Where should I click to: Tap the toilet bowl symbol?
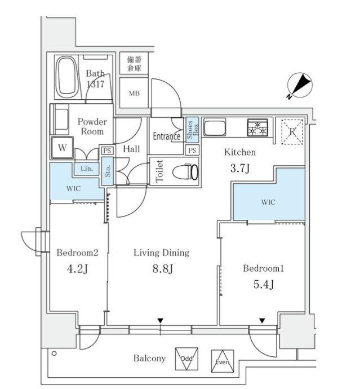point(185,171)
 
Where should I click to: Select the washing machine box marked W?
point(62,148)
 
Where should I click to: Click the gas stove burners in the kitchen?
point(258,127)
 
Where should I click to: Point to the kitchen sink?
point(215,127)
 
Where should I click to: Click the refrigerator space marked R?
point(292,131)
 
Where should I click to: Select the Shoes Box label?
point(193,130)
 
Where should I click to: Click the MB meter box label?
point(134,93)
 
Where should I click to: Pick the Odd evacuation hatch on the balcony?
point(186,359)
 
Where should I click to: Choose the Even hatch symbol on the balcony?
point(223,361)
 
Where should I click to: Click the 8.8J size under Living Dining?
point(162,268)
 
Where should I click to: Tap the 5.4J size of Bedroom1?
point(264,284)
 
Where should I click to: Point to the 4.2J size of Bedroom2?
point(77,269)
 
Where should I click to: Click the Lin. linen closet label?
point(87,169)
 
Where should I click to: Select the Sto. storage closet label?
point(108,171)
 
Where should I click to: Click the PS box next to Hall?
point(108,151)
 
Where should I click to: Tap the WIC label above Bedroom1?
point(268,202)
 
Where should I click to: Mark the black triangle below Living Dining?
point(161,321)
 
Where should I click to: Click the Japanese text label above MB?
point(134,64)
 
